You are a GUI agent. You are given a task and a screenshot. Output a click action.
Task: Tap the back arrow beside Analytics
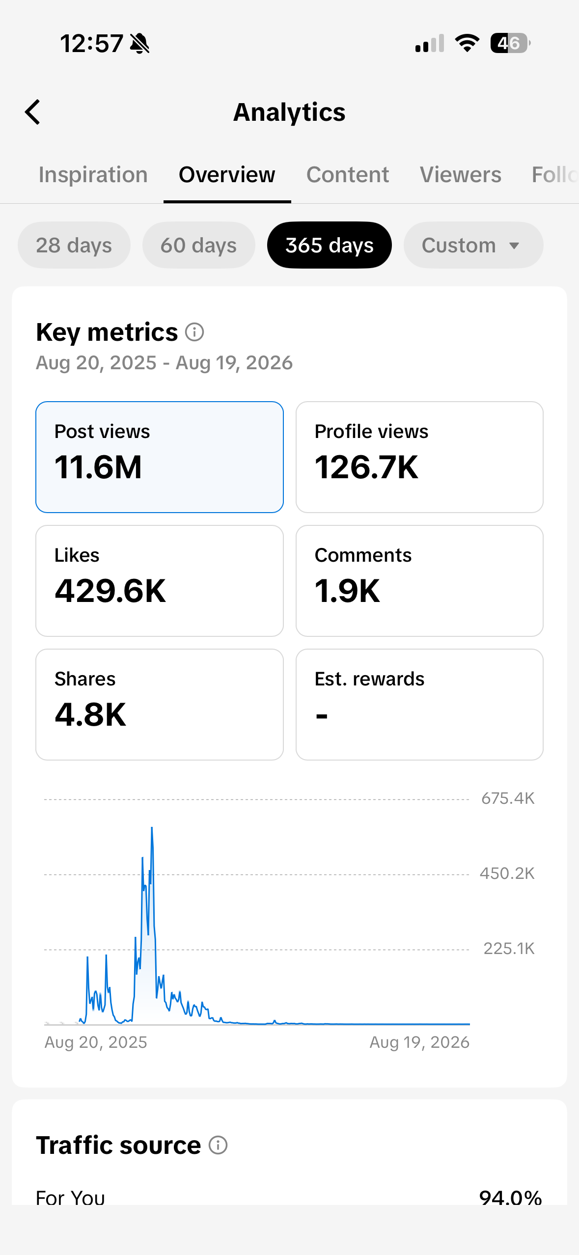pos(32,112)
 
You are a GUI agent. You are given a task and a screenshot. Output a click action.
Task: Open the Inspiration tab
pos(93,175)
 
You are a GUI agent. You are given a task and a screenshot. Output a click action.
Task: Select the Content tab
pos(348,175)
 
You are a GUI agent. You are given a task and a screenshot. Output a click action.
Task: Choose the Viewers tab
pos(461,175)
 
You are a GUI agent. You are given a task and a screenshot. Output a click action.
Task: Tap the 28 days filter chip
pos(74,245)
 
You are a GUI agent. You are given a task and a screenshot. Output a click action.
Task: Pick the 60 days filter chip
pos(199,245)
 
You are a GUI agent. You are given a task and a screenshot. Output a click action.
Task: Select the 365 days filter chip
pos(330,245)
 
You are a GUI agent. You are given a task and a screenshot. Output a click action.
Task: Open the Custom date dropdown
pos(473,245)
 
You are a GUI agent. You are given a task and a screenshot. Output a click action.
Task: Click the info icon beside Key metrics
pos(194,332)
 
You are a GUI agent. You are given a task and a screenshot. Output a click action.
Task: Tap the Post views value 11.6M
pos(98,467)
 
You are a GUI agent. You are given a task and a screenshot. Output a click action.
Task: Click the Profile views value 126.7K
pos(367,467)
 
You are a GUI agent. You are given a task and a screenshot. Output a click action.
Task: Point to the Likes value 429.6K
pos(110,591)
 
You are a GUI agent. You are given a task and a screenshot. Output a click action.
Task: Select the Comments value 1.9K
pos(348,591)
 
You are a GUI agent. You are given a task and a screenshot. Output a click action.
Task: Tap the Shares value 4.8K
pos(91,714)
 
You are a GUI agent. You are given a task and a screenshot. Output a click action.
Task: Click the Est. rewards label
pos(370,679)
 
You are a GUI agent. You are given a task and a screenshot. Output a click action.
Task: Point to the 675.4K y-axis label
pos(508,798)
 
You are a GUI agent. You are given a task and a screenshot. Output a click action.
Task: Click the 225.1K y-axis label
pos(509,949)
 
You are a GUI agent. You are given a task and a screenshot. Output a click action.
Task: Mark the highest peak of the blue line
pos(152,827)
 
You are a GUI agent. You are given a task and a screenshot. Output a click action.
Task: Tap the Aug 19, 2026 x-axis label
pos(419,1042)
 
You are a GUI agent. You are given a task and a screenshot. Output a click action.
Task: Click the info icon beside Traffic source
pos(218,1145)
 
